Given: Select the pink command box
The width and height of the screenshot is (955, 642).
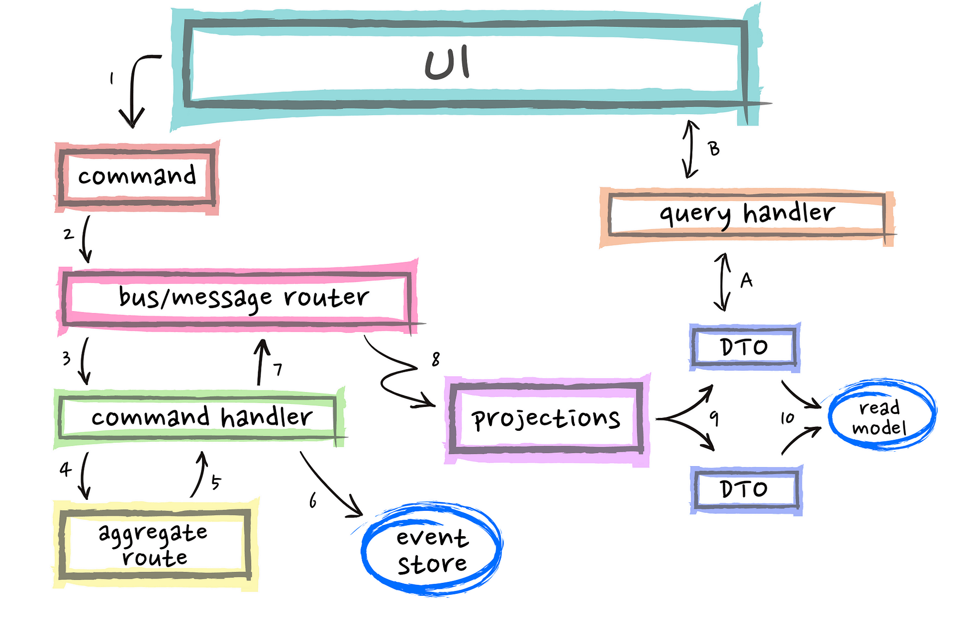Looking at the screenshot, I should point(137,176).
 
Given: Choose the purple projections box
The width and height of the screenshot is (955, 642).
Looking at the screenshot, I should point(546,418).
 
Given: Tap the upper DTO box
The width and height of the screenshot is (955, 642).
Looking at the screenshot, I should point(745,347).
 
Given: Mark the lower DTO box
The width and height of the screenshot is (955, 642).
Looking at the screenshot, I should point(745,489).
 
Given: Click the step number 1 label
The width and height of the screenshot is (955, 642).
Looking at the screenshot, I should point(112,78).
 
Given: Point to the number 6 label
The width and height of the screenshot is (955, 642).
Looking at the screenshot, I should point(313,501).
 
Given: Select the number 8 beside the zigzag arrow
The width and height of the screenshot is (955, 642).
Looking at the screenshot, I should point(436,359).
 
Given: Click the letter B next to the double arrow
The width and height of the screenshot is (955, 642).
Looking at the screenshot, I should point(714,149).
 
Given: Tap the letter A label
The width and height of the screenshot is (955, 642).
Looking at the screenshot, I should point(746,281).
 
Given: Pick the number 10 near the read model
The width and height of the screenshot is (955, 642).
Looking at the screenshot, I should point(787,418).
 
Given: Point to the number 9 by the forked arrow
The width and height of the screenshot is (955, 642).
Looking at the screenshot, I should point(714,418).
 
